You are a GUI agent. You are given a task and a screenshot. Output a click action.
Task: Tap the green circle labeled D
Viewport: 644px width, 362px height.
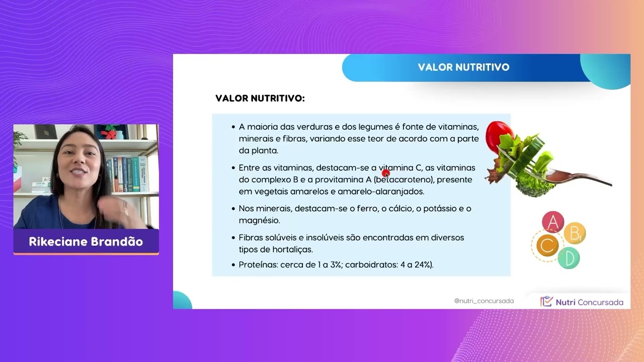point(569,258)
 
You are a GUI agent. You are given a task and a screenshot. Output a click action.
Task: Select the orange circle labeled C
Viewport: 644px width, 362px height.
point(547,245)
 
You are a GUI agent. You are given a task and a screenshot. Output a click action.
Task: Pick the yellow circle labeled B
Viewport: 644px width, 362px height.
point(575,233)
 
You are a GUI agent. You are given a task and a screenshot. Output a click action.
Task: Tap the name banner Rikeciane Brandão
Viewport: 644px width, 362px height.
point(86,242)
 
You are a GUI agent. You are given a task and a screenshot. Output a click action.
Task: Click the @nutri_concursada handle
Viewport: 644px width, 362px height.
point(484,301)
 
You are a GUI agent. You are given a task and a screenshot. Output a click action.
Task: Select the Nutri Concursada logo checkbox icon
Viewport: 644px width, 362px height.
point(546,302)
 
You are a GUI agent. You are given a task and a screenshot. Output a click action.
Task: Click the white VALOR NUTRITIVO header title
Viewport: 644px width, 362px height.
point(463,67)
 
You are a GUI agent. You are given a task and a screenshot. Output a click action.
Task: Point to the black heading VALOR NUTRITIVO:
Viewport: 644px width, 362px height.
point(260,99)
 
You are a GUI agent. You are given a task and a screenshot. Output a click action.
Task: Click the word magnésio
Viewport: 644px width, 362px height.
point(259,221)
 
